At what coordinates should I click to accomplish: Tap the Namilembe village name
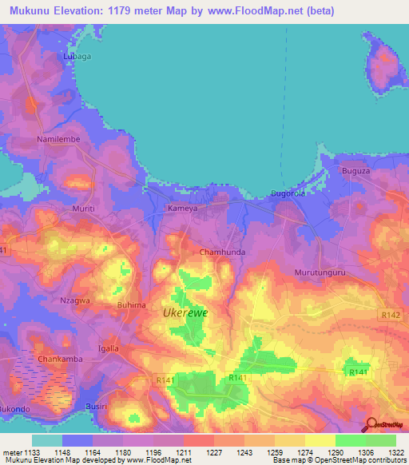click(57, 139)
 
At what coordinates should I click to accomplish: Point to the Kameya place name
click(181, 208)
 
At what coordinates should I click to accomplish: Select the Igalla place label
click(108, 348)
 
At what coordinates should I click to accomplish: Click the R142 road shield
click(391, 316)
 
